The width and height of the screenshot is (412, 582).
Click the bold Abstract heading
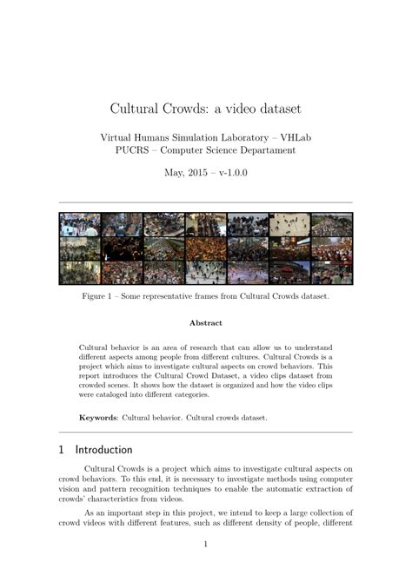click(x=206, y=323)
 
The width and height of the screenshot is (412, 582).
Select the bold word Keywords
click(x=97, y=417)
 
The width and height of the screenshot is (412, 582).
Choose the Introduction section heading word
click(x=103, y=450)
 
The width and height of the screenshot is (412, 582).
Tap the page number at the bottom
click(x=205, y=545)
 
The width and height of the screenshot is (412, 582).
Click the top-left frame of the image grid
click(x=80, y=225)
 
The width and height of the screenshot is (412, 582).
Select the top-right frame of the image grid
click(x=331, y=225)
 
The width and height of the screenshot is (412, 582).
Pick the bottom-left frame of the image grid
click(x=80, y=273)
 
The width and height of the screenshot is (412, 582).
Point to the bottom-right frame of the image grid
click(x=331, y=273)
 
